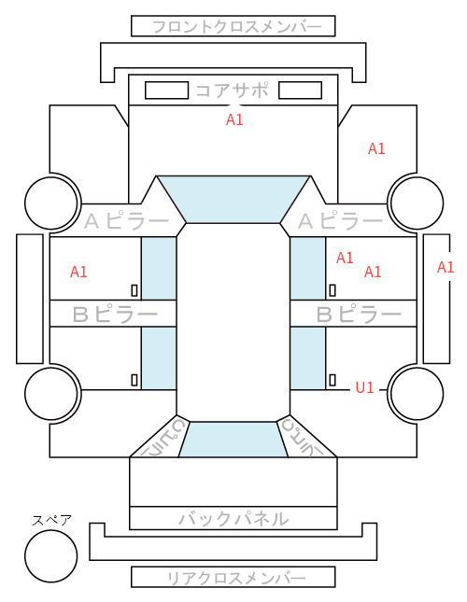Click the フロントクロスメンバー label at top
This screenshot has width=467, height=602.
237,27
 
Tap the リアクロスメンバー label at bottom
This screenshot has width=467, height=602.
236,578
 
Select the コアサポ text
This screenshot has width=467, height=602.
232,91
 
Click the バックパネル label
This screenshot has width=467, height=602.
233,518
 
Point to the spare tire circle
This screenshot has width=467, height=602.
51,556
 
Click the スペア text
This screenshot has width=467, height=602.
51,520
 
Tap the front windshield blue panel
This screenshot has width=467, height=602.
233,199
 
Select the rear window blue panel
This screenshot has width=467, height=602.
233,440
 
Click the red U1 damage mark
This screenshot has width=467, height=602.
364,387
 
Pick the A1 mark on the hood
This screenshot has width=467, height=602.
234,119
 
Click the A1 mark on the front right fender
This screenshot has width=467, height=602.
376,148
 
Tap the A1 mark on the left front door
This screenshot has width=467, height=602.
78,272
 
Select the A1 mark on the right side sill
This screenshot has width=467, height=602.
446,267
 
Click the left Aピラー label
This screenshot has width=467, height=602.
127,221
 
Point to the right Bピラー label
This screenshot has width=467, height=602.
359,315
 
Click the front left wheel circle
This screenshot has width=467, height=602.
51,203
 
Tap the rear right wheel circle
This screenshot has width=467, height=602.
417,394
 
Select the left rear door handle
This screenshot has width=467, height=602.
134,380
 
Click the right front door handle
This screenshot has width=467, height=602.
333,290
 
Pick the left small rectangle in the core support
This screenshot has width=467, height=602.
166,91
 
